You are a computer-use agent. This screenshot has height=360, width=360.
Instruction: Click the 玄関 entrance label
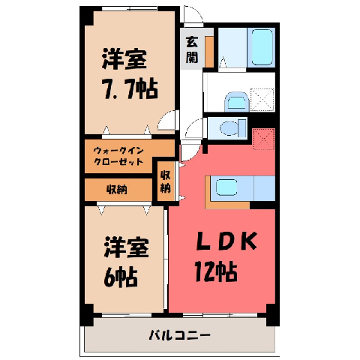(192, 49)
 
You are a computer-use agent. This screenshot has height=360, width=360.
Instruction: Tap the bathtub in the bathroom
(262, 47)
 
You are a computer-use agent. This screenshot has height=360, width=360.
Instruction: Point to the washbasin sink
(236, 102)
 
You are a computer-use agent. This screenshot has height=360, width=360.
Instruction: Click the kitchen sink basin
(226, 187)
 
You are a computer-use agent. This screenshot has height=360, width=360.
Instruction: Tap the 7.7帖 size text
(130, 88)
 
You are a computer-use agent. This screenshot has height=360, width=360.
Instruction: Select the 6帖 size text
(121, 277)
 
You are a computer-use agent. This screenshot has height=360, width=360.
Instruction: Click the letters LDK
(226, 241)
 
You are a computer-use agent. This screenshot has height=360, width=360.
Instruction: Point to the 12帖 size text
(216, 271)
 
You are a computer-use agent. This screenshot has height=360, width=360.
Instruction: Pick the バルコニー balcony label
(180, 335)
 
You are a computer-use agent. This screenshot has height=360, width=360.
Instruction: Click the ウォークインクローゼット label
(118, 156)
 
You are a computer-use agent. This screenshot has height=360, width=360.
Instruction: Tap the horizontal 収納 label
(117, 190)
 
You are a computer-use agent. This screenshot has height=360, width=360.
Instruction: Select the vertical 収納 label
(165, 181)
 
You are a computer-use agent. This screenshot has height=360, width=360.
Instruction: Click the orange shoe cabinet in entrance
(209, 52)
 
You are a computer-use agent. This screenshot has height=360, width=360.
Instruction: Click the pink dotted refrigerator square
(264, 139)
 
